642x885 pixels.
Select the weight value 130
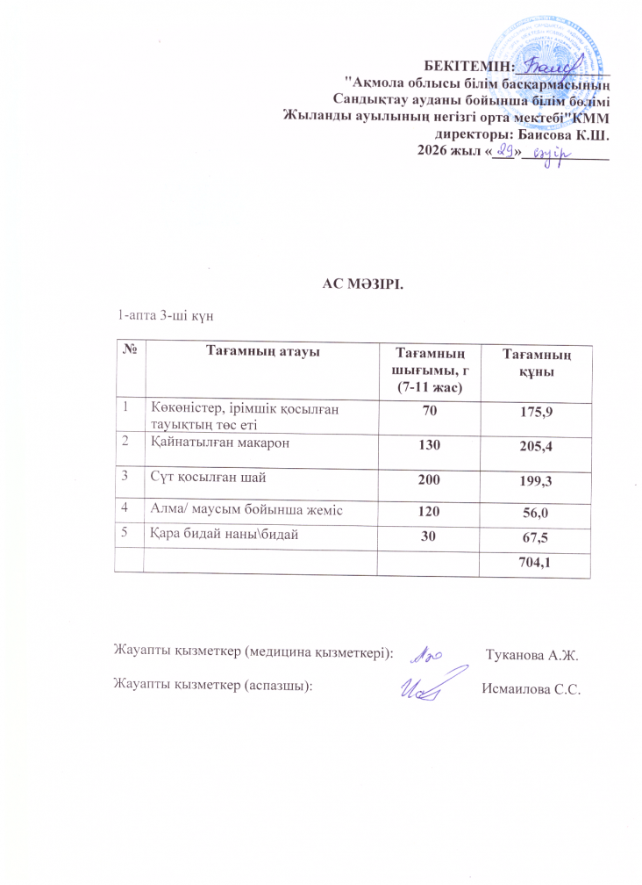pos(428,446)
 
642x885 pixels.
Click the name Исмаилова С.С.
pos(532,688)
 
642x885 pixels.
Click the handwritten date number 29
pos(501,154)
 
